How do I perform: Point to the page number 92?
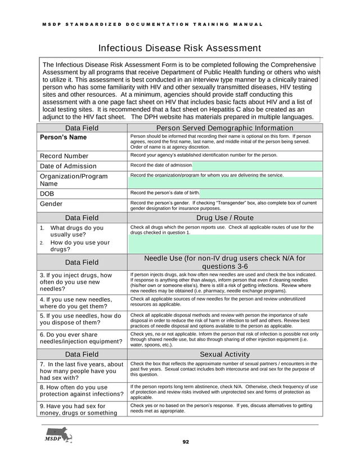186,442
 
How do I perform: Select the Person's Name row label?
62,137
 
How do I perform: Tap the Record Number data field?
64,156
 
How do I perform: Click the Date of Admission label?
68,166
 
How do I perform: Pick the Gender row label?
52,204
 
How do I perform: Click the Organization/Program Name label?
73,180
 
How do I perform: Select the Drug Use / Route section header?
225,218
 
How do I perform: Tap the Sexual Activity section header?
225,354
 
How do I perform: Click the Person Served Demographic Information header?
225,128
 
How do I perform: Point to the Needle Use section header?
225,262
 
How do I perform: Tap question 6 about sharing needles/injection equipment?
81,338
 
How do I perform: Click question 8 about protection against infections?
82,391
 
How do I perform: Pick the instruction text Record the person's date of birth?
164,193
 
